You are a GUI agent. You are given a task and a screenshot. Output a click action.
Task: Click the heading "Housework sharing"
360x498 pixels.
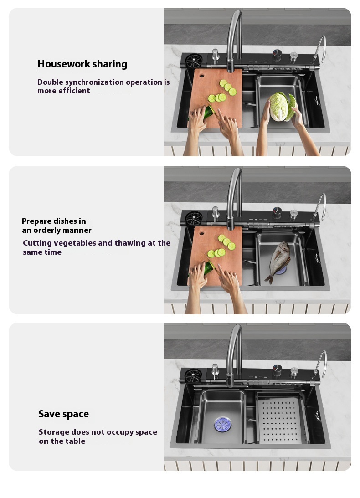[82, 64]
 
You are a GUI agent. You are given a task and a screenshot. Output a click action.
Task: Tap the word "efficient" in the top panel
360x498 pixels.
[74, 91]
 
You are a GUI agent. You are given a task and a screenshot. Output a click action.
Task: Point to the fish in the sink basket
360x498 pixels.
[279, 261]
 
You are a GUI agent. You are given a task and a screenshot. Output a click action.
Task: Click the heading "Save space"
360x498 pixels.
[63, 414]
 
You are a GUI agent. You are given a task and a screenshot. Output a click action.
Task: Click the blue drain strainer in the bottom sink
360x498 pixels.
[222, 425]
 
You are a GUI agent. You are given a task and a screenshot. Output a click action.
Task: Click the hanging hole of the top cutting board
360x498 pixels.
[201, 76]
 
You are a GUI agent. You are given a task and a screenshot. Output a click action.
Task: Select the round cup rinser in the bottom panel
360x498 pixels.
[193, 376]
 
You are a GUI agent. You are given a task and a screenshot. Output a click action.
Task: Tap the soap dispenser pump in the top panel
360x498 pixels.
[216, 56]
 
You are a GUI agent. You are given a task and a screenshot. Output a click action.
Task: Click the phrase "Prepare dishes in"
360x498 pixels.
[54, 221]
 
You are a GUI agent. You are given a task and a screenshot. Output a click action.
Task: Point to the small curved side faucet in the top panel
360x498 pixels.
[319, 50]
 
